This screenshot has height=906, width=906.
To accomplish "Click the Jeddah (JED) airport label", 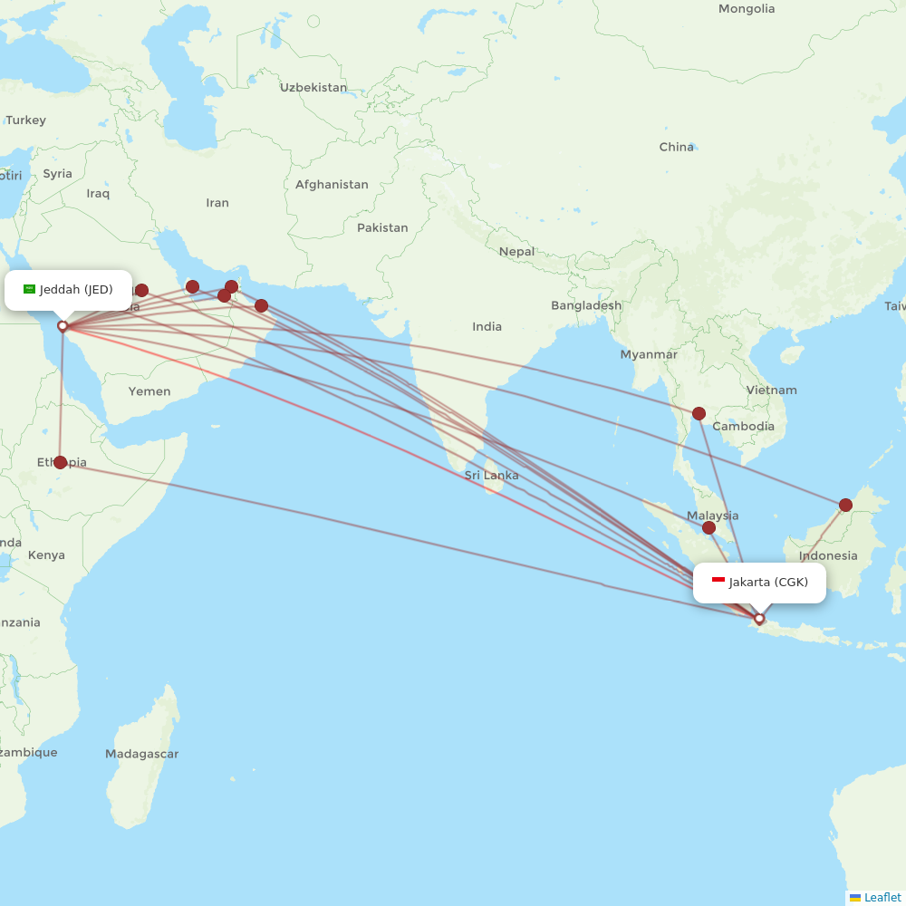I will tap(76, 290).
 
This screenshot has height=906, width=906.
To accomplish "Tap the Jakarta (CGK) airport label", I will tap(768, 582).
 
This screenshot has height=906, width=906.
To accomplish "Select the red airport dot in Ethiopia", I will tap(60, 462).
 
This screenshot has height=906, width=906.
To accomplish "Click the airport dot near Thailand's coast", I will tap(699, 414).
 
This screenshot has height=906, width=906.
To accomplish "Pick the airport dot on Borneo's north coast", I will tap(845, 505).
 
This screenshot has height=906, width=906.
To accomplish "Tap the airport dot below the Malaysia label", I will tap(708, 527).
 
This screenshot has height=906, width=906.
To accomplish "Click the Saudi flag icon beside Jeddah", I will tap(29, 289).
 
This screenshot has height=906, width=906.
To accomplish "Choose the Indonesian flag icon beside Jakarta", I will tap(718, 581).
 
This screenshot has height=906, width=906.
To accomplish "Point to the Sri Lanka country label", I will tap(492, 476).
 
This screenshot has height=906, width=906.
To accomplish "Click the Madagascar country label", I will tap(141, 754).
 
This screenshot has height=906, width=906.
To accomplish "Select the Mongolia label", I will tap(747, 9).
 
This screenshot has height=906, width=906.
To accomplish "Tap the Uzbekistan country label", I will tap(313, 88).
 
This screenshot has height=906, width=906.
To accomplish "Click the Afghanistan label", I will tap(332, 185).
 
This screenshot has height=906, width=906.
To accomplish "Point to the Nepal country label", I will tap(516, 252).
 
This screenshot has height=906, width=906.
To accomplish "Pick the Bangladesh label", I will tap(586, 306).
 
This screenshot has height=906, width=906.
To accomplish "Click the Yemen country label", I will tap(149, 391).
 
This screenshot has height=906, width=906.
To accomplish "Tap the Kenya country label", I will tap(46, 555).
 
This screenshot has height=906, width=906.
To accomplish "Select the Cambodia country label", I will tap(743, 427).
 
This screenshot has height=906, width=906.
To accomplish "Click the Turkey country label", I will tap(25, 120).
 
